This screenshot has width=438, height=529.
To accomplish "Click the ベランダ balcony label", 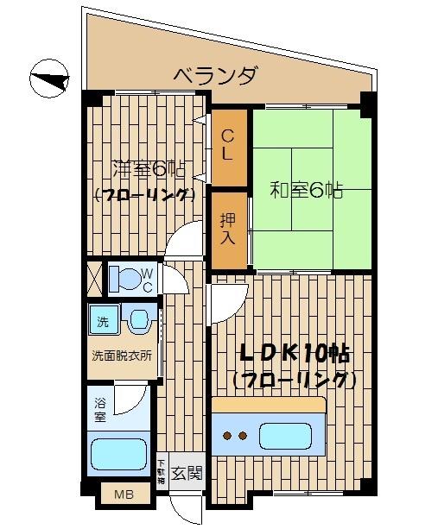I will [214, 75].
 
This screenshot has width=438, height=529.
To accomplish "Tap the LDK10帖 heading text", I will [294, 355].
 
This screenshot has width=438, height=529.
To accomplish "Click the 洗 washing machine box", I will [103, 323].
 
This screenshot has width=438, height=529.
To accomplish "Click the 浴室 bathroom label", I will [100, 409].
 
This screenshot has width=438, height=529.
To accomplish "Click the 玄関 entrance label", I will [186, 472].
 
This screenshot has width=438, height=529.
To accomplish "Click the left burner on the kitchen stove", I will [229, 434].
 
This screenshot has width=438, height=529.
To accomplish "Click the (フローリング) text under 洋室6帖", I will [143, 195].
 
